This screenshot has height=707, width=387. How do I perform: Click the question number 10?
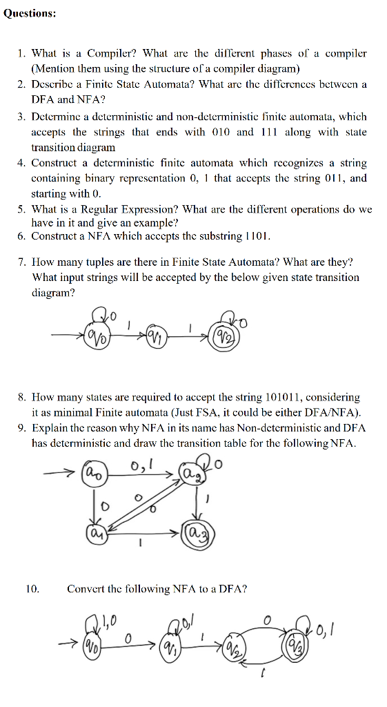click(32, 589)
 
